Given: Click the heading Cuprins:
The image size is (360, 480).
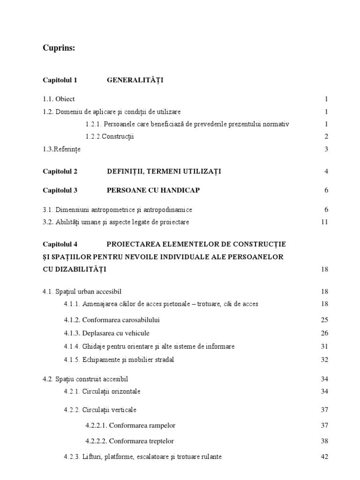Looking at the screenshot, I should coord(59,48).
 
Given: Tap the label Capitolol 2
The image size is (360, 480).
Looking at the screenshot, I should coord(60,172).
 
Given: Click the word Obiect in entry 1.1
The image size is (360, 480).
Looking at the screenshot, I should coord(65,99).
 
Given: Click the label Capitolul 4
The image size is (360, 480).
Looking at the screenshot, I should coord(60,244).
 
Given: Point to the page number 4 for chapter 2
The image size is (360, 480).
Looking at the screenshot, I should coord(326,172).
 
